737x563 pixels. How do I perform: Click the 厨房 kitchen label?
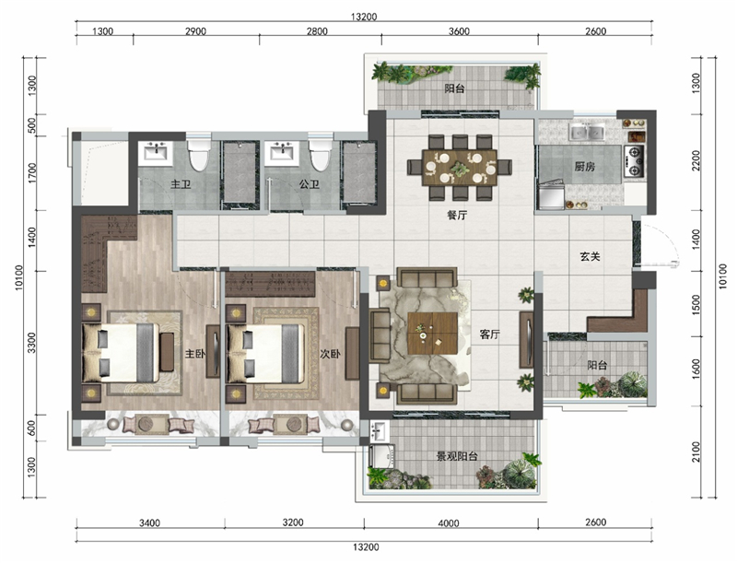(584, 167)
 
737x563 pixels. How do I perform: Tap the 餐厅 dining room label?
(457, 216)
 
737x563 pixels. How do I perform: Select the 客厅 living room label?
(489, 334)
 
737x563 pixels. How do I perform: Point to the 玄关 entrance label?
(590, 256)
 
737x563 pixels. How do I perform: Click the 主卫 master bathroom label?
(181, 184)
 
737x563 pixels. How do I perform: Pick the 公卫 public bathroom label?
(310, 184)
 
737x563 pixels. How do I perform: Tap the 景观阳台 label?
(457, 456)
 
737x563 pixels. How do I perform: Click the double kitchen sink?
(587, 132)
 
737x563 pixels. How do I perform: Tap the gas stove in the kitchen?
(634, 160)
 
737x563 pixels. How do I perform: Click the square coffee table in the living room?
(432, 334)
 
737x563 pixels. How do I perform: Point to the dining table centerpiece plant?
(460, 168)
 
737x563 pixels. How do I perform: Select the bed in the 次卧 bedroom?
(265, 353)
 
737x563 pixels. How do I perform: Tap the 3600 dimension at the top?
(459, 31)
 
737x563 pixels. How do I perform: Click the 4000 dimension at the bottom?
(449, 523)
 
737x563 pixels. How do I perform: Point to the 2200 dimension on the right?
(696, 160)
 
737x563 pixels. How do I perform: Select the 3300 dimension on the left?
(31, 343)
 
